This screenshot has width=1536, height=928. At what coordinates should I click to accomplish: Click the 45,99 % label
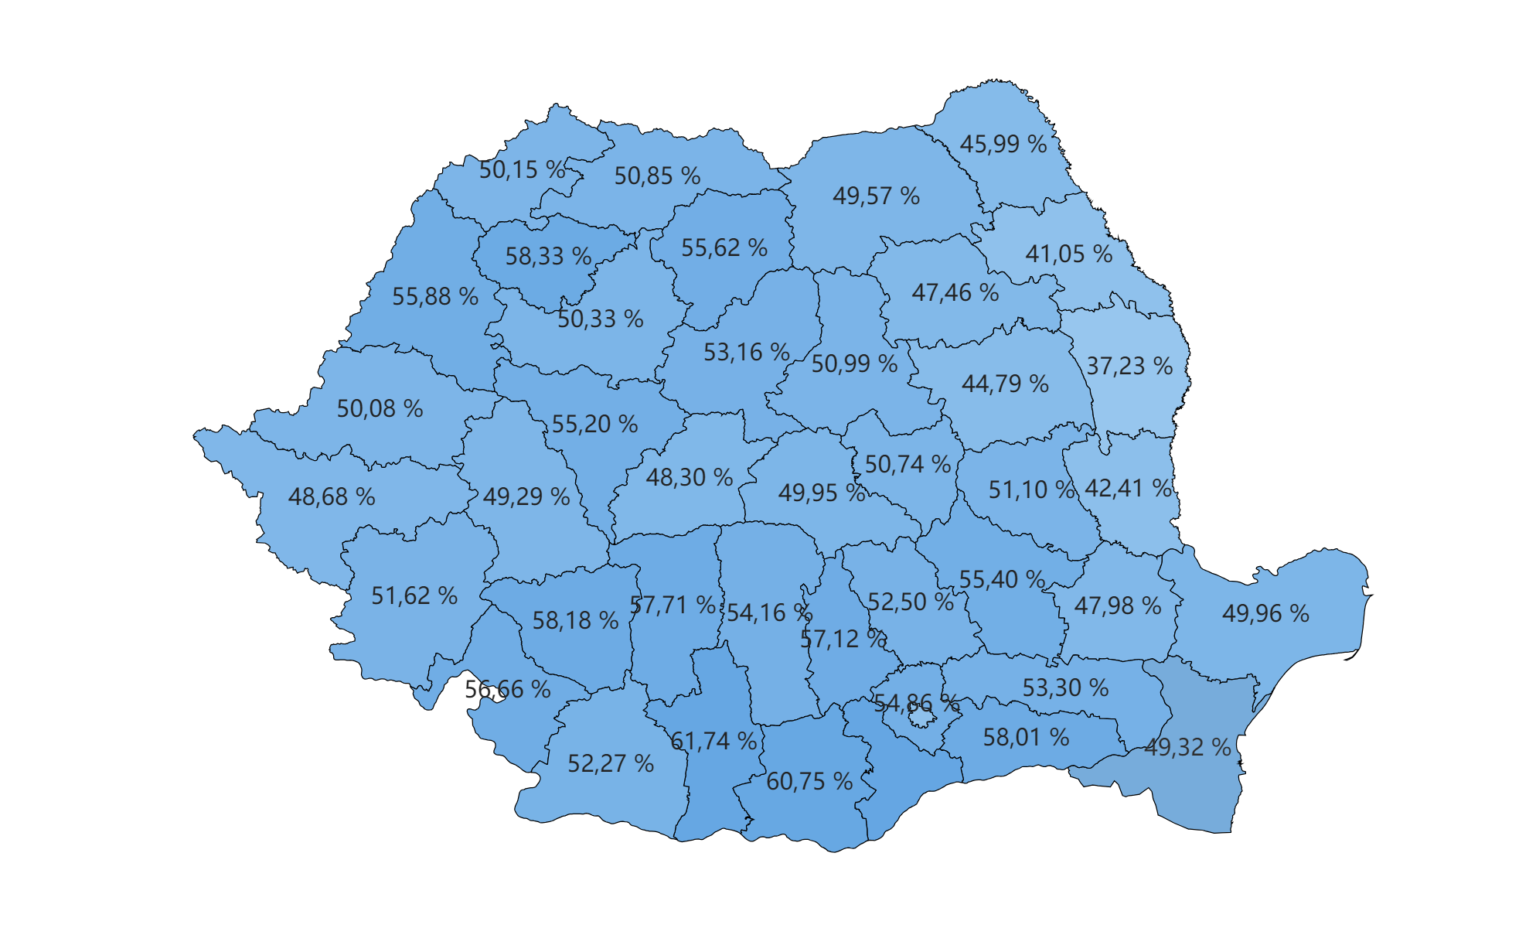1003,145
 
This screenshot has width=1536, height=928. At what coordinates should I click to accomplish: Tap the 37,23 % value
1129,367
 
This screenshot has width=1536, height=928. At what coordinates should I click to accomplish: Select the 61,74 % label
713,742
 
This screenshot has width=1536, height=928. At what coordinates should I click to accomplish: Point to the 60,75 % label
809,782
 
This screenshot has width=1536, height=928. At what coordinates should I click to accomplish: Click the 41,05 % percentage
1068,254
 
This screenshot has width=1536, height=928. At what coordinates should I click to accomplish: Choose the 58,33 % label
548,257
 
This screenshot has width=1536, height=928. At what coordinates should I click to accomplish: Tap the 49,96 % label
1265,614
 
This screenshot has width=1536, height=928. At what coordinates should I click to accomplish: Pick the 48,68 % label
332,497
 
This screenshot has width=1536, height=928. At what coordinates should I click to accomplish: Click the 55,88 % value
435,297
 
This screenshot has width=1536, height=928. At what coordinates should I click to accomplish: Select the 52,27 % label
611,764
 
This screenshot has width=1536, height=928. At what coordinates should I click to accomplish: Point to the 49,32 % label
1187,748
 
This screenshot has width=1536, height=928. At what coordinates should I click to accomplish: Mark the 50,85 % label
657,176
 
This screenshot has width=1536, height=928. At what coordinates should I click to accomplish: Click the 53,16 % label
746,353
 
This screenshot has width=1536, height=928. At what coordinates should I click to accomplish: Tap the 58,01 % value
1026,738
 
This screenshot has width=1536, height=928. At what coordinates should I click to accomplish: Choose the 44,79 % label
1005,384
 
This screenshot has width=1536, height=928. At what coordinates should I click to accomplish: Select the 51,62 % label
414,596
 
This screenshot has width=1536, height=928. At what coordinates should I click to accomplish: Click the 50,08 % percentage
380,409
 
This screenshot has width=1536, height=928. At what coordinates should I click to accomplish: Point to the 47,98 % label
1118,606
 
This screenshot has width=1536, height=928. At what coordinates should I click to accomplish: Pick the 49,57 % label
876,196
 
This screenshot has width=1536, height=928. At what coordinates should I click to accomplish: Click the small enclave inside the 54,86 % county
920,718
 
